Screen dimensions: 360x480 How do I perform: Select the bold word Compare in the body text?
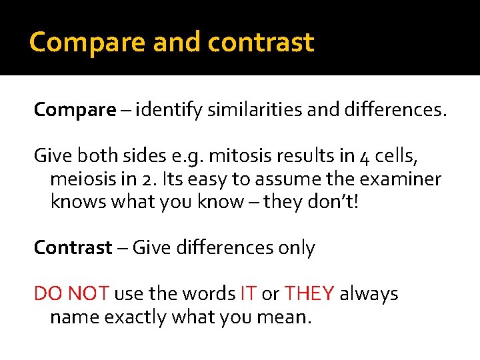pos(75,109)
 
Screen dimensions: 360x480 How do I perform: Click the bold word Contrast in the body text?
pos(73,248)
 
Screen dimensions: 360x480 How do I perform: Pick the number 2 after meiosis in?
pos(149,179)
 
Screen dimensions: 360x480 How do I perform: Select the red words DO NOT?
pos(71,293)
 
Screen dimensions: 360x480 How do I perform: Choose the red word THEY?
pos(310,293)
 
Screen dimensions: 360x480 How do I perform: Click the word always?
pos(369,293)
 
